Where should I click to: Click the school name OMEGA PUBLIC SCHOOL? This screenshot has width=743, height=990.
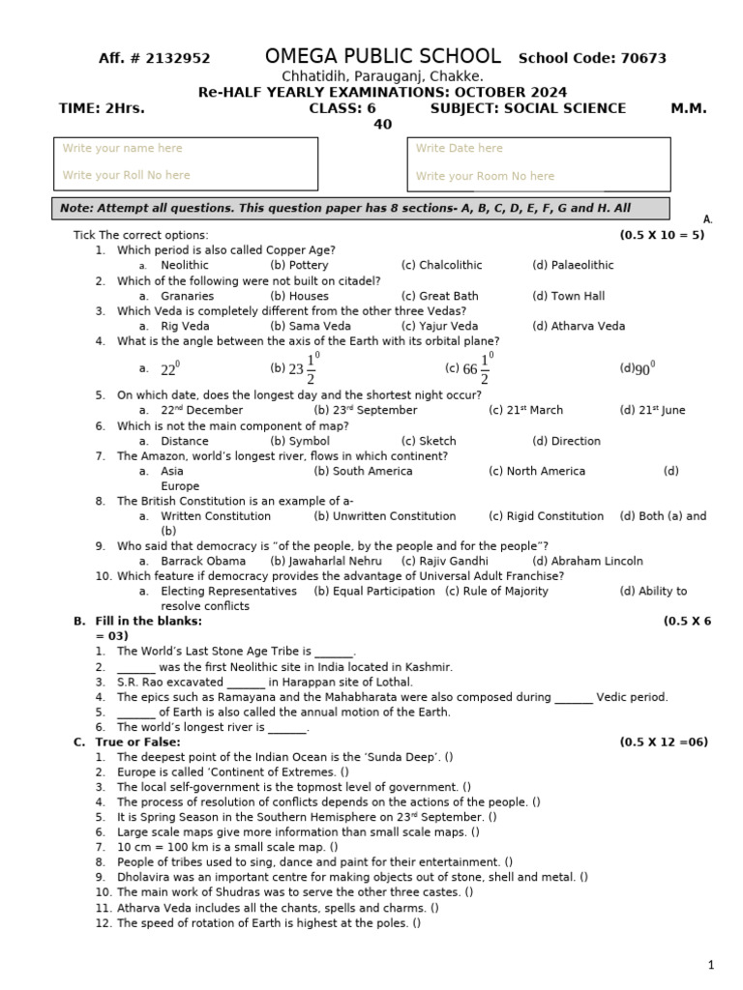pos(383,56)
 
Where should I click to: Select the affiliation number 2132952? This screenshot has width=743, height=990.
pos(176,59)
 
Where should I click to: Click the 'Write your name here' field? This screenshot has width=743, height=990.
pos(122,148)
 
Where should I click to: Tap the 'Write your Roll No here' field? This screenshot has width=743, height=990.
pos(126,175)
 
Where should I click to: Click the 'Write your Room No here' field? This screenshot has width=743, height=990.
pos(485,176)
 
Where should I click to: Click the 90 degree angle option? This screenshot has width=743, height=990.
pos(639,368)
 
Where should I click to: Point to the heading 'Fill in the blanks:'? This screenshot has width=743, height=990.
pos(149,621)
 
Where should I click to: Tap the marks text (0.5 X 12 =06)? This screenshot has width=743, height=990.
pos(663,742)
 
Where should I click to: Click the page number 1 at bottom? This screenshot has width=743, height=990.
pos(710,965)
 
